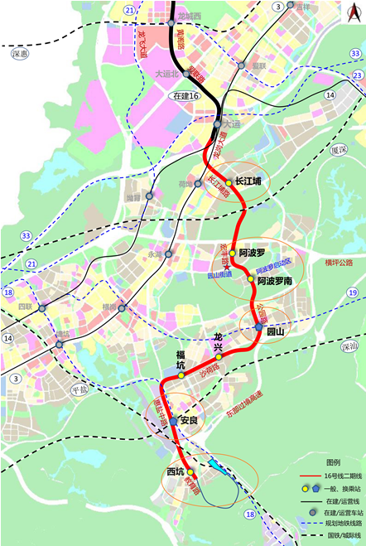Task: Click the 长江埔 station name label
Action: coord(248,181)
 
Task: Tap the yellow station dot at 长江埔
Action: coord(229,182)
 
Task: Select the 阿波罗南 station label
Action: coord(274,282)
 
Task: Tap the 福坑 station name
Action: coord(181,356)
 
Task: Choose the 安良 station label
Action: coord(189,421)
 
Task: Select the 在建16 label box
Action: coord(187,96)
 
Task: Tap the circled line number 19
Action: coord(353,292)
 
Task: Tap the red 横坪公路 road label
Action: coord(340,263)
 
